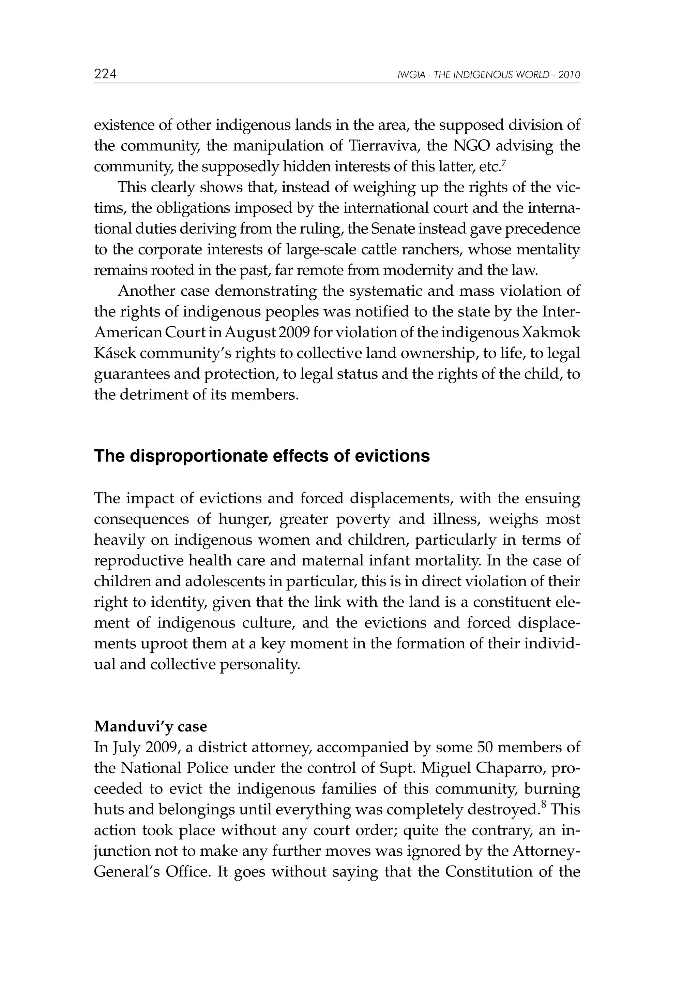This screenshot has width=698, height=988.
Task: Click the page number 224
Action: (x=105, y=74)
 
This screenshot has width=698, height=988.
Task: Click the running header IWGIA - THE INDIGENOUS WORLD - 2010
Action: (x=489, y=75)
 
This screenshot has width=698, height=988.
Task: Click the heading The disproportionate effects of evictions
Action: (x=261, y=456)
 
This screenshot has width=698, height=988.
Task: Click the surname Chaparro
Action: (x=509, y=768)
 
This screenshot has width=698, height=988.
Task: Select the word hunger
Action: (x=244, y=519)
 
